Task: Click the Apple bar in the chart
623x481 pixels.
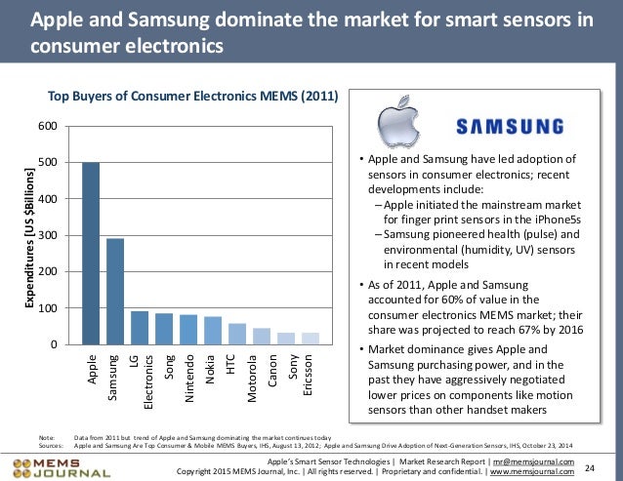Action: coord(91,254)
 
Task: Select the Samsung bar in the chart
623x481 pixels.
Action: coord(115,292)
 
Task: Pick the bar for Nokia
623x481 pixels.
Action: coord(213,331)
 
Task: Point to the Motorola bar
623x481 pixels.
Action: coord(262,337)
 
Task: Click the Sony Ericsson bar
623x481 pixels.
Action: coord(311,339)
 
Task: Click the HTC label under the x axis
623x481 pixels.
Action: coord(237,365)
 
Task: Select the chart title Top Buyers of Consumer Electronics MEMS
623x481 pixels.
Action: coord(193,97)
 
